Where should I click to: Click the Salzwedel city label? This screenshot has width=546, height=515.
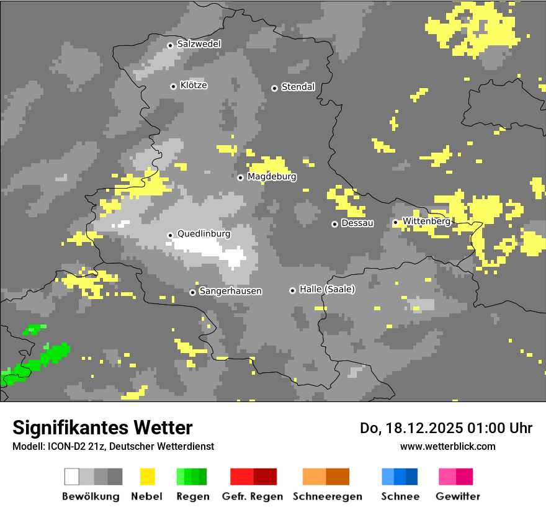point(199,44)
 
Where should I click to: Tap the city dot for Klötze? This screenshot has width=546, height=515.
point(173,86)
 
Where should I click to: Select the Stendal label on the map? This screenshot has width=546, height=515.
point(298,87)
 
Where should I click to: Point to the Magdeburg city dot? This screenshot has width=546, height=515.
point(241,177)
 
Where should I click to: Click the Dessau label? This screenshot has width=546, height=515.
point(357,223)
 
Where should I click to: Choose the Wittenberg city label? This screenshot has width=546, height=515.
point(426,221)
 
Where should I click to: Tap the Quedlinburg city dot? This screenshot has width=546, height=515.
point(170,235)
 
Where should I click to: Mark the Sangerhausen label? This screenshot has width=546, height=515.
point(230,291)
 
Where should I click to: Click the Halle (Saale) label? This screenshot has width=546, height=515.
point(327,289)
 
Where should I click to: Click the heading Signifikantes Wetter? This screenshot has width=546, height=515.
point(102,428)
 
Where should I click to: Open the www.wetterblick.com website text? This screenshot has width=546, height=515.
point(447,446)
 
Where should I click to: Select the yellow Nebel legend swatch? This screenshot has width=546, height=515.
point(147,477)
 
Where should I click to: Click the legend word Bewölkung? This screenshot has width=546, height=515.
point(91,496)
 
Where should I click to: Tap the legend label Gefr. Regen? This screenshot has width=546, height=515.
point(253,496)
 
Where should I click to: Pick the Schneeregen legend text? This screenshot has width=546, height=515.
point(328,496)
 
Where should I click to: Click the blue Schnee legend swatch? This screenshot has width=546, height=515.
point(400,477)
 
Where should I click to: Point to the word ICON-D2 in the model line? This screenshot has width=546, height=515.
point(61,446)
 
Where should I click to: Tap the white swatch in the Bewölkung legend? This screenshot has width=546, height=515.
point(72,477)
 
